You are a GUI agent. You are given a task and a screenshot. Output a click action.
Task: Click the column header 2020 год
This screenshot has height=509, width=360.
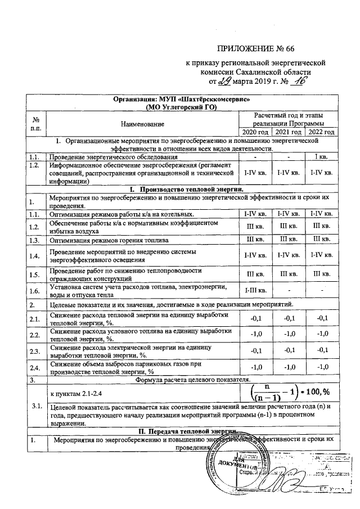click(x=255, y=131)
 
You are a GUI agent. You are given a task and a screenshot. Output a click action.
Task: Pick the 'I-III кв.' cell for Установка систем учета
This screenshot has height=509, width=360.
click(x=255, y=290)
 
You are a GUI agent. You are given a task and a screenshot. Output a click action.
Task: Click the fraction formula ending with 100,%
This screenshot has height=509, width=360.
click(x=289, y=391)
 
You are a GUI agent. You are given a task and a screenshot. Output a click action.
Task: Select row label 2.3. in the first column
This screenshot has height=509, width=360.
click(x=34, y=352)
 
